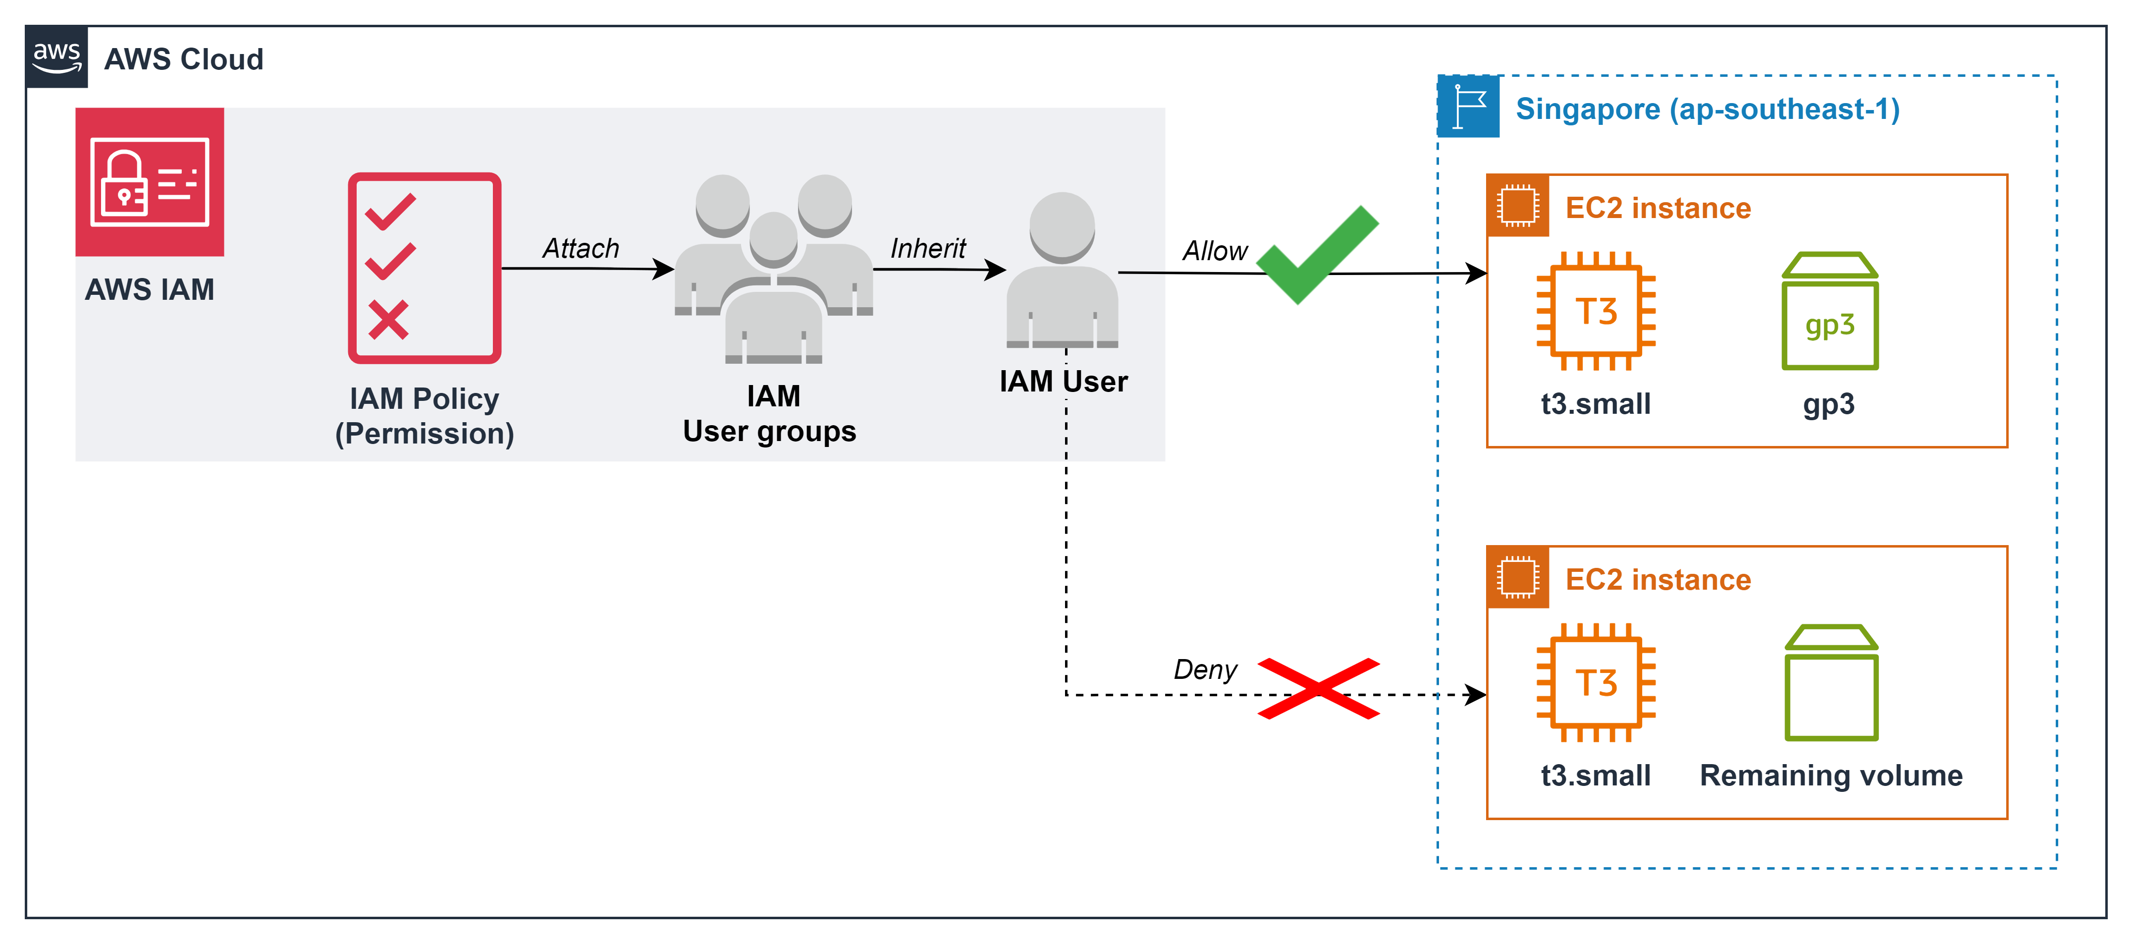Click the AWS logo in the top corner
coord(56,57)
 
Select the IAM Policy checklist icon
coord(425,268)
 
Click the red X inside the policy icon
coord(388,320)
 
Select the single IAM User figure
coord(1062,270)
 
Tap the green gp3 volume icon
coord(1829,313)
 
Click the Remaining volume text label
coord(1831,775)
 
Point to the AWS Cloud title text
coord(183,59)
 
